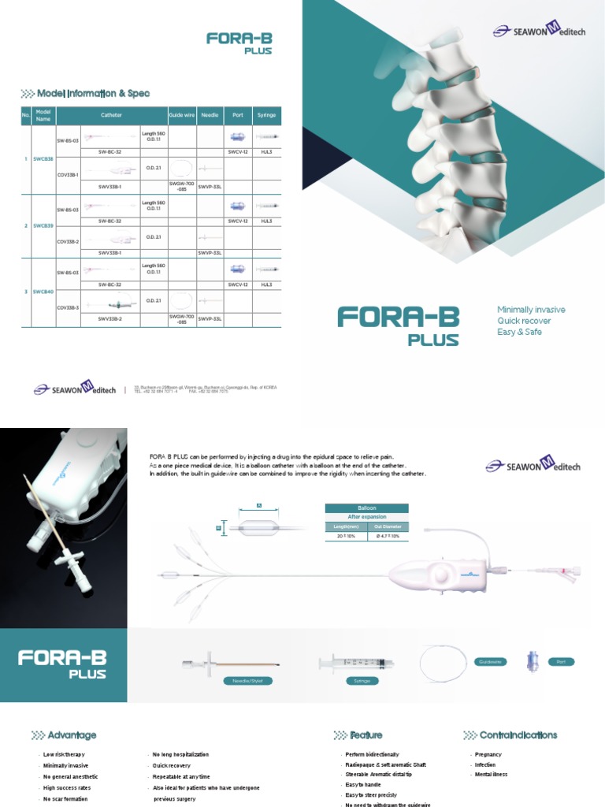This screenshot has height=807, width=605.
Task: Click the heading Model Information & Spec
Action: (93, 94)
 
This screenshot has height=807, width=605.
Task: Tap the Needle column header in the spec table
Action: (210, 115)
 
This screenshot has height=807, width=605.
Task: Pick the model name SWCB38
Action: (43, 158)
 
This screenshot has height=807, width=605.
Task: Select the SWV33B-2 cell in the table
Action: (109, 319)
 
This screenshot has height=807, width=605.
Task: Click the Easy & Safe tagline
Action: (519, 332)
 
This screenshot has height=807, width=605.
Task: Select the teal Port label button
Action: (561, 662)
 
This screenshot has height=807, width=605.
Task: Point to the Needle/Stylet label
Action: (245, 679)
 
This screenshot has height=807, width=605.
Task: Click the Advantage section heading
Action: (72, 735)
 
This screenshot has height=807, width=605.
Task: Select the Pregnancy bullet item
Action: (488, 755)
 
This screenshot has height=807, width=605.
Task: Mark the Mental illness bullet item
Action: (491, 775)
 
